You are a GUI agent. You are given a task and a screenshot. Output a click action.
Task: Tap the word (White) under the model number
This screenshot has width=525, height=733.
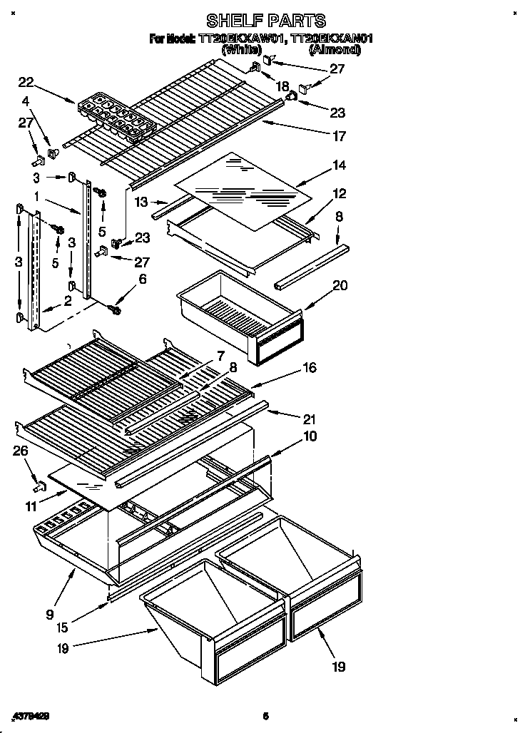242,51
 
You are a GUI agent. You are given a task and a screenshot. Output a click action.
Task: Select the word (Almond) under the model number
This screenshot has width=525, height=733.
334,51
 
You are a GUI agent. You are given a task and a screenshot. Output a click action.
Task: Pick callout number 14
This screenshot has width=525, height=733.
339,165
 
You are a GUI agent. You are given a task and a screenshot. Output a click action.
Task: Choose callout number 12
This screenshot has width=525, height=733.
339,193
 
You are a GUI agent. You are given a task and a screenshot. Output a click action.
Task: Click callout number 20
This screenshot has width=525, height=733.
340,285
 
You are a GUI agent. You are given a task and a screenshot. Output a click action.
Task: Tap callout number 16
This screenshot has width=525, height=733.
308,368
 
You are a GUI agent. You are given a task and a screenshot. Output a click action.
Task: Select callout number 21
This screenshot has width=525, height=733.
308,419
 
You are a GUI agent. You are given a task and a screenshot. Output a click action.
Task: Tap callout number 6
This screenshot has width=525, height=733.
142,280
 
